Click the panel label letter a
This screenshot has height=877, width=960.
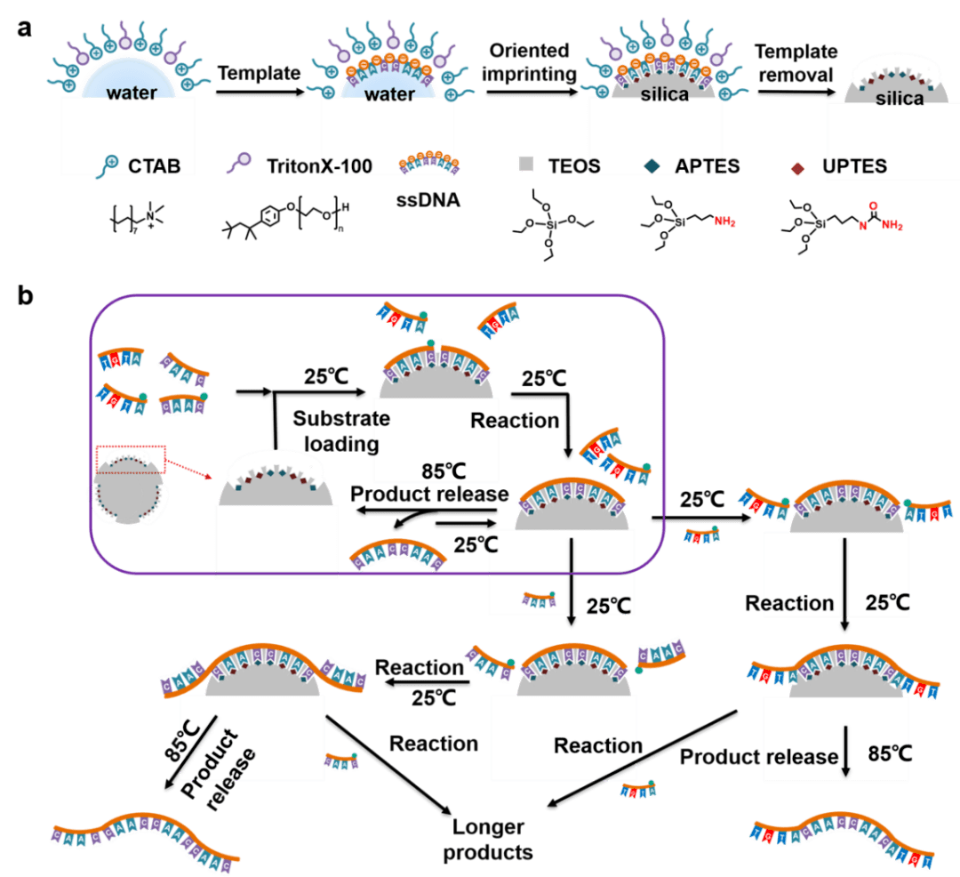(25, 28)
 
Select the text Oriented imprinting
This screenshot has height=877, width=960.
(528, 61)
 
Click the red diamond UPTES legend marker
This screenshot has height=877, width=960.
(798, 165)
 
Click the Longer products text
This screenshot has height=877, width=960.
(489, 839)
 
